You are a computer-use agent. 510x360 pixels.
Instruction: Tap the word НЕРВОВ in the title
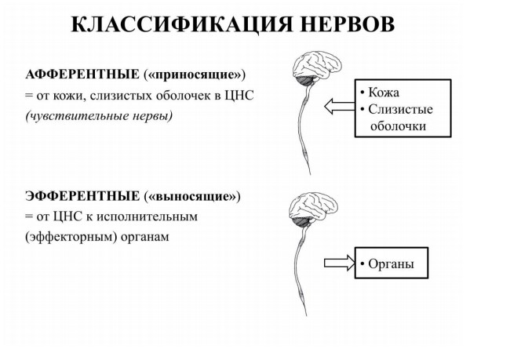[348, 24]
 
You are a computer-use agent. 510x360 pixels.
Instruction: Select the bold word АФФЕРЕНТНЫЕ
[82, 75]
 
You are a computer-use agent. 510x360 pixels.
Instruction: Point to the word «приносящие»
[195, 75]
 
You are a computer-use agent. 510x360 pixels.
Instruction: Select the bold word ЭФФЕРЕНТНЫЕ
[82, 196]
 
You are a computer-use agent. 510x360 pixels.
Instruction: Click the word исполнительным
[147, 216]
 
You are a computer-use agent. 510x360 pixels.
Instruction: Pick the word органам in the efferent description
[145, 237]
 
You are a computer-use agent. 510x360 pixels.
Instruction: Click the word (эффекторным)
[71, 237]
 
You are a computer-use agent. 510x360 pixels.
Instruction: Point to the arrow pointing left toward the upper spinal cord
[339, 107]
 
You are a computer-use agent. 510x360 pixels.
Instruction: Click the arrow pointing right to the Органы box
[339, 263]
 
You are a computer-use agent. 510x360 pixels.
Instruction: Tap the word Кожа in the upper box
[384, 93]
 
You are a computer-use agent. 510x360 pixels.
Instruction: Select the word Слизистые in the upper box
[400, 109]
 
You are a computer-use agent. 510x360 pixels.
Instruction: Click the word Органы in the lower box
[391, 264]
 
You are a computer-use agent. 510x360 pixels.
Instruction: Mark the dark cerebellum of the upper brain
[305, 80]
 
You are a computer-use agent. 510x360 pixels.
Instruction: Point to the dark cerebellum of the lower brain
[302, 221]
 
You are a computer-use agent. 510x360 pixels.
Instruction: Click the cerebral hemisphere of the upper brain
[317, 64]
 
